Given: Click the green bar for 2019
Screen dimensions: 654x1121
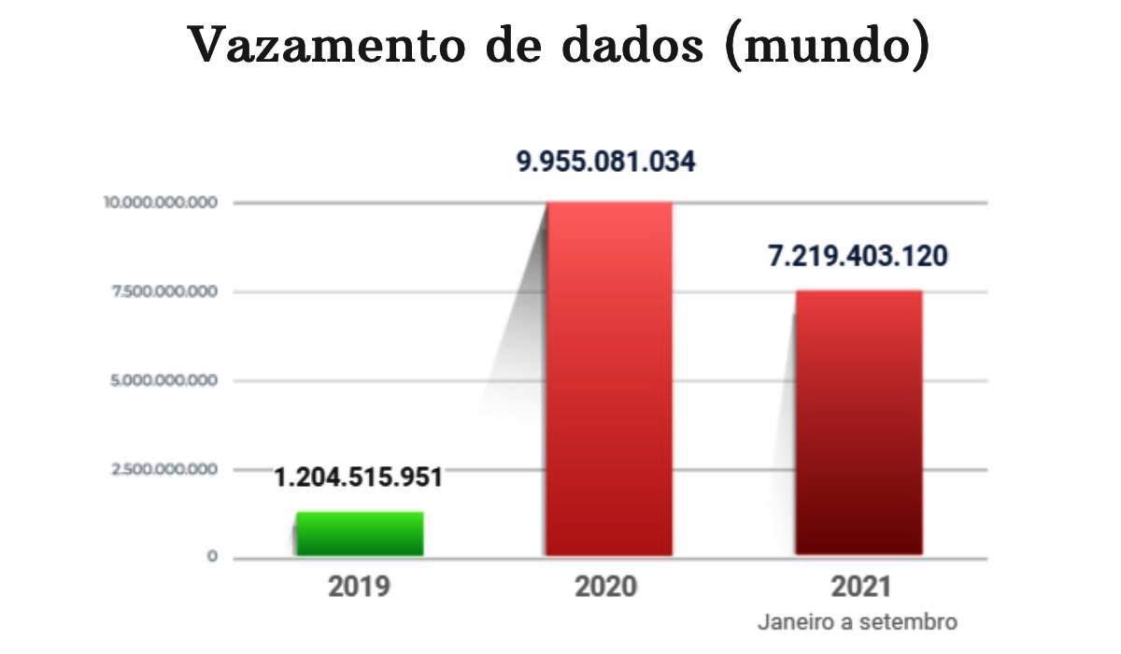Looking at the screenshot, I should pyautogui.click(x=360, y=533).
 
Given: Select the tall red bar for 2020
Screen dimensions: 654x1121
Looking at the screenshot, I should pyautogui.click(x=609, y=378).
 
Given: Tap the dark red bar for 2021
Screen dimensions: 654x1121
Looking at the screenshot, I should pyautogui.click(x=858, y=422).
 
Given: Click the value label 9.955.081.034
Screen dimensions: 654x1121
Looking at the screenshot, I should pyautogui.click(x=606, y=162).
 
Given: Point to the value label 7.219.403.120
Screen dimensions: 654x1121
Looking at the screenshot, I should pyautogui.click(x=858, y=255).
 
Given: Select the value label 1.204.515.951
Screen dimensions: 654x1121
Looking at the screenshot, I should pyautogui.click(x=358, y=476).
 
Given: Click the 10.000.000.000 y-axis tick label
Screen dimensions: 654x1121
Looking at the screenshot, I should pyautogui.click(x=161, y=202).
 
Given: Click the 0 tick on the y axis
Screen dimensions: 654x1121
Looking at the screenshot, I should pyautogui.click(x=212, y=558).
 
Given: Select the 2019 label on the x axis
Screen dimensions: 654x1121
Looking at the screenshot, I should pyautogui.click(x=359, y=588).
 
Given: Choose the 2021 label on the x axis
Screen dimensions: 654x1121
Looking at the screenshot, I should pyautogui.click(x=858, y=588).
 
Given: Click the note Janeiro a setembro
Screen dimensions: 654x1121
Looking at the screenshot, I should pyautogui.click(x=858, y=621).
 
